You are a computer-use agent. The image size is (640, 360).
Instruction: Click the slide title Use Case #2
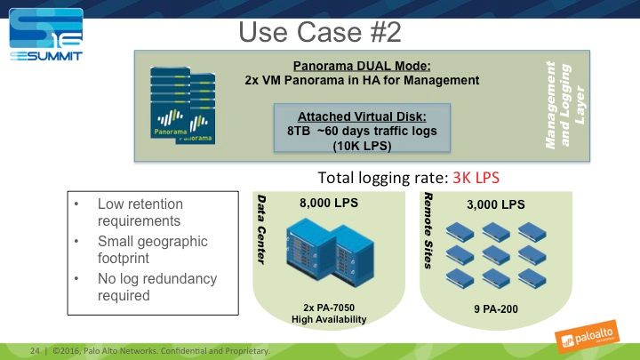(x=320, y=32)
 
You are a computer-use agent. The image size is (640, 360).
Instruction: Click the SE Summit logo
(x=44, y=36)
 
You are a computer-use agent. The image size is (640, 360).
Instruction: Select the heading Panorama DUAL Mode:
(x=361, y=66)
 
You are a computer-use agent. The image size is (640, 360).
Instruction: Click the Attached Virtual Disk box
(x=362, y=132)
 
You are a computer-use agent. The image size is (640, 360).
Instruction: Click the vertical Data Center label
(x=262, y=228)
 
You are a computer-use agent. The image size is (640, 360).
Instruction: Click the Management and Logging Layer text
(x=564, y=104)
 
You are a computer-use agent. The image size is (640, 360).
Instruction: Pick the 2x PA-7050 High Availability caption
(x=331, y=314)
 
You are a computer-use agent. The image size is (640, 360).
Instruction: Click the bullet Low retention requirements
(x=139, y=212)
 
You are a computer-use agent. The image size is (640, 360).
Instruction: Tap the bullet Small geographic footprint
(x=152, y=250)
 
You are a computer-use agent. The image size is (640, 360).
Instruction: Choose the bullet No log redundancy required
(x=156, y=286)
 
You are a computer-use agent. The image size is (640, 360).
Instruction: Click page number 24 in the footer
(x=36, y=349)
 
